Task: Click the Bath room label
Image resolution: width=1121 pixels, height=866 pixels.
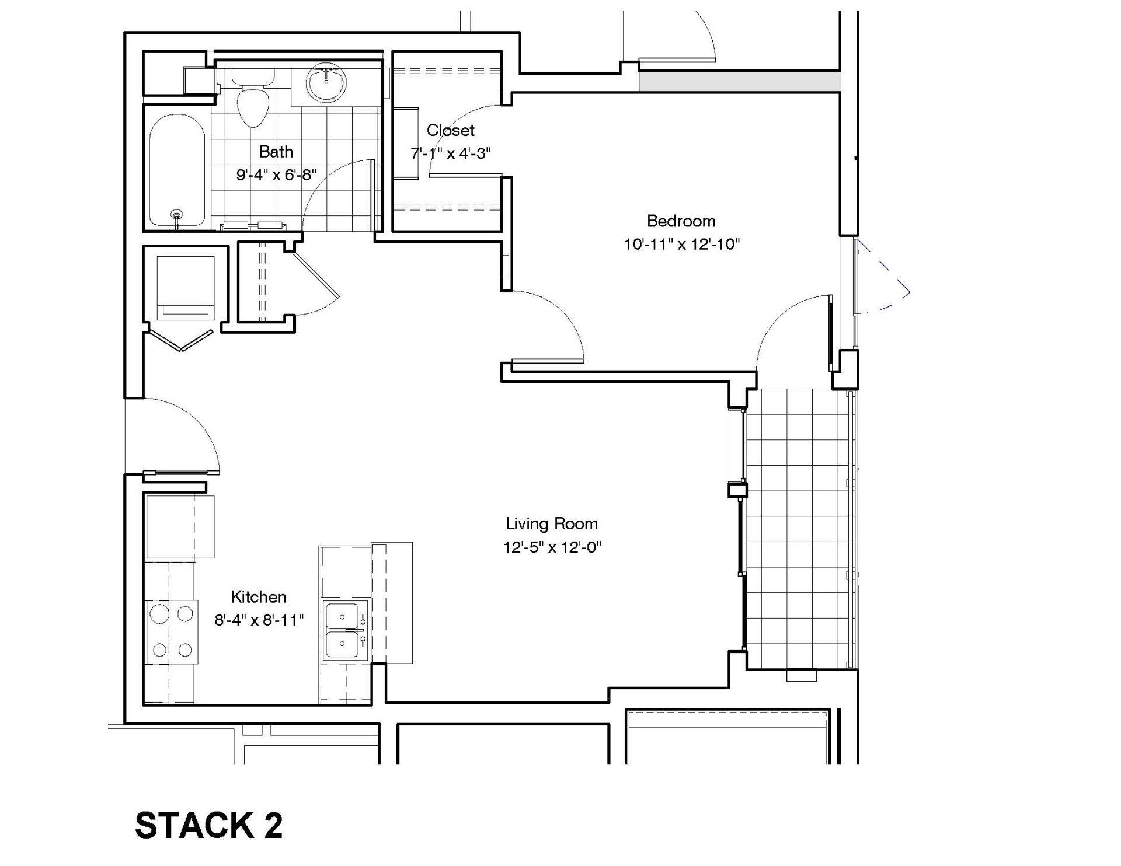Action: click(x=276, y=152)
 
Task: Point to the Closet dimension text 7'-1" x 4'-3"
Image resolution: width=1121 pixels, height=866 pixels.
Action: click(x=450, y=153)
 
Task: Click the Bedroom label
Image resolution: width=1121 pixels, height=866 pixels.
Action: click(x=681, y=221)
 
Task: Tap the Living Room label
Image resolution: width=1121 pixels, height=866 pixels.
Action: click(x=552, y=523)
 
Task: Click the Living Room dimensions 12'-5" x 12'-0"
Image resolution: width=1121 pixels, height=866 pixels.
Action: click(x=552, y=547)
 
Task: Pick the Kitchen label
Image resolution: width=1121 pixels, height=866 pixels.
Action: click(x=259, y=597)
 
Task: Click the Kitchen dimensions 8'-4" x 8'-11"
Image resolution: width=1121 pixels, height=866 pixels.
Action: click(x=259, y=620)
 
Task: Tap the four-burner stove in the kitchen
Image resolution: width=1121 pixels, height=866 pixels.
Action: click(x=171, y=631)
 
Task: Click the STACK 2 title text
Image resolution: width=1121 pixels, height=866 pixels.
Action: click(x=208, y=826)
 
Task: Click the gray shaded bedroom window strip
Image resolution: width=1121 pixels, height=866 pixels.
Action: click(x=739, y=81)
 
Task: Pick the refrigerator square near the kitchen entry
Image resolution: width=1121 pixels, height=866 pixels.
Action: click(x=179, y=526)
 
